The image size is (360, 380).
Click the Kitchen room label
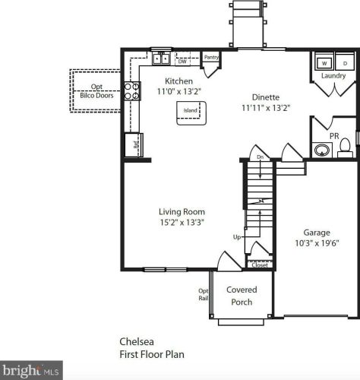tap(178, 81)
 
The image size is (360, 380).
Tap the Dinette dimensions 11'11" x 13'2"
tap(266, 108)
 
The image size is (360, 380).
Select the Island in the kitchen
tap(191, 113)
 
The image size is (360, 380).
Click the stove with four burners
tap(132, 91)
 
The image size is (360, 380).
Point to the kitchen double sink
tap(161, 59)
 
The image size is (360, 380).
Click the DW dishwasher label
tap(182, 62)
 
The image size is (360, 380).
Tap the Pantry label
tap(211, 57)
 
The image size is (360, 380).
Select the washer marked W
tap(324, 62)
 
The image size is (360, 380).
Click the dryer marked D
tap(345, 62)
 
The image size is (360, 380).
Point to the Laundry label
tap(333, 75)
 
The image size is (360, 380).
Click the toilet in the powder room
tap(345, 148)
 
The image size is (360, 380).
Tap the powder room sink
tap(322, 150)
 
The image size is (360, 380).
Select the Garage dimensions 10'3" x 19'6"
tap(317, 243)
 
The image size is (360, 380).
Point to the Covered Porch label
tap(242, 296)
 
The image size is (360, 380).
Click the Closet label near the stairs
tap(260, 265)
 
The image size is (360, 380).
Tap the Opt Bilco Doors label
tap(96, 91)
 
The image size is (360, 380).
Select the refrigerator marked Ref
tap(134, 144)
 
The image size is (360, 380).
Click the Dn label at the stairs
tap(261, 157)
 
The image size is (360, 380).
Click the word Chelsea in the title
tap(137, 342)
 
